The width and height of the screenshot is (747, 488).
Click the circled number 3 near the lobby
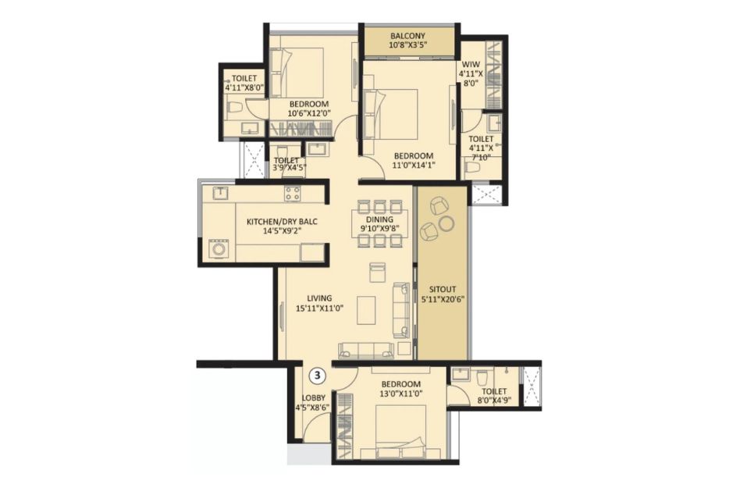click(318, 376)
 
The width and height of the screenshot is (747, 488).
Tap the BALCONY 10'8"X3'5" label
click(407, 41)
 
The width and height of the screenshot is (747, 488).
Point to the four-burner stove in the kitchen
click(293, 193)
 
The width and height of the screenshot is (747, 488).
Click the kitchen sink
click(221, 193)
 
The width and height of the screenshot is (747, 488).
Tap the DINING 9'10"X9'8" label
click(379, 223)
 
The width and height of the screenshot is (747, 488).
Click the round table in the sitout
click(446, 223)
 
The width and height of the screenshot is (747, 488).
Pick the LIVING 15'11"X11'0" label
click(319, 303)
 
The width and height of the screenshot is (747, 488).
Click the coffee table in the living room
click(365, 311)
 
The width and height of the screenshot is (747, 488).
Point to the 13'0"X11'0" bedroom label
click(400, 389)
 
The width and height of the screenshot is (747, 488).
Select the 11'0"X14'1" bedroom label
click(414, 160)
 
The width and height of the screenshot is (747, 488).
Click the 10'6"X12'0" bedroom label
click(308, 109)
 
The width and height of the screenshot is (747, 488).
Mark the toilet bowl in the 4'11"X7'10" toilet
click(472, 168)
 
